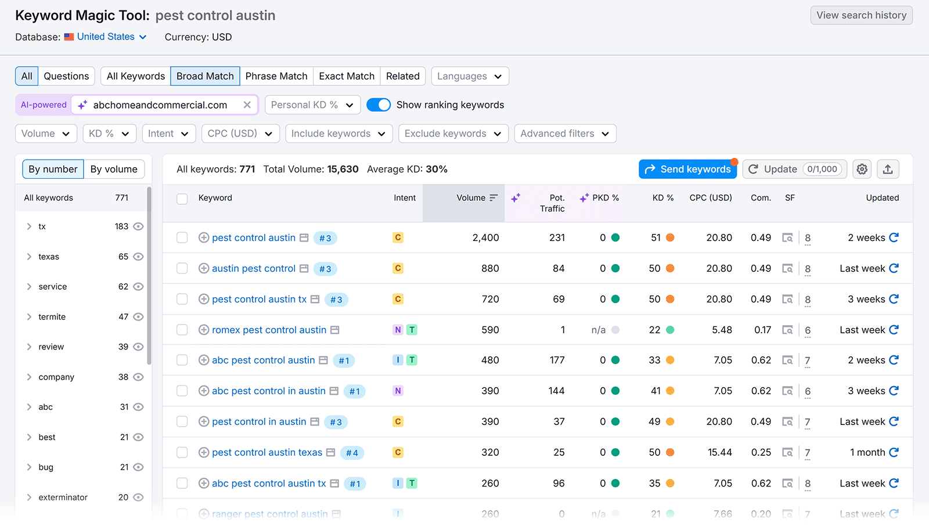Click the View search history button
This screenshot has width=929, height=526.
click(x=861, y=15)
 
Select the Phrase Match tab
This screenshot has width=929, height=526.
click(x=276, y=76)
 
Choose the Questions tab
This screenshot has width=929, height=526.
click(x=66, y=76)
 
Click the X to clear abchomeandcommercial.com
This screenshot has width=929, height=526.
click(x=247, y=105)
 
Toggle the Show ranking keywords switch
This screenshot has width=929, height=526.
click(x=379, y=105)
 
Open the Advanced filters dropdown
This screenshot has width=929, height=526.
click(x=564, y=134)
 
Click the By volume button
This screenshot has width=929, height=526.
click(x=114, y=169)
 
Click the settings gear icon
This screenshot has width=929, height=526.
click(x=862, y=169)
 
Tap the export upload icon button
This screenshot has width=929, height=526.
click(x=887, y=169)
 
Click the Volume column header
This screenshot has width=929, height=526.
click(x=471, y=197)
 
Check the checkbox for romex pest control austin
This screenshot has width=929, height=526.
click(x=182, y=330)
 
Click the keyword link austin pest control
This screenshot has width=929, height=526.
click(x=254, y=268)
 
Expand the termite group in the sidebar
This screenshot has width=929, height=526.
click(x=29, y=316)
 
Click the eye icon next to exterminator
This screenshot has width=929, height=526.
click(x=138, y=497)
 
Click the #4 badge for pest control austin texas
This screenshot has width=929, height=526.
click(x=352, y=453)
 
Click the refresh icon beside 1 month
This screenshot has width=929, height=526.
click(x=894, y=452)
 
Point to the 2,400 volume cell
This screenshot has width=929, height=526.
click(x=485, y=237)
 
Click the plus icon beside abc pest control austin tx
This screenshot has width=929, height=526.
click(x=204, y=483)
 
